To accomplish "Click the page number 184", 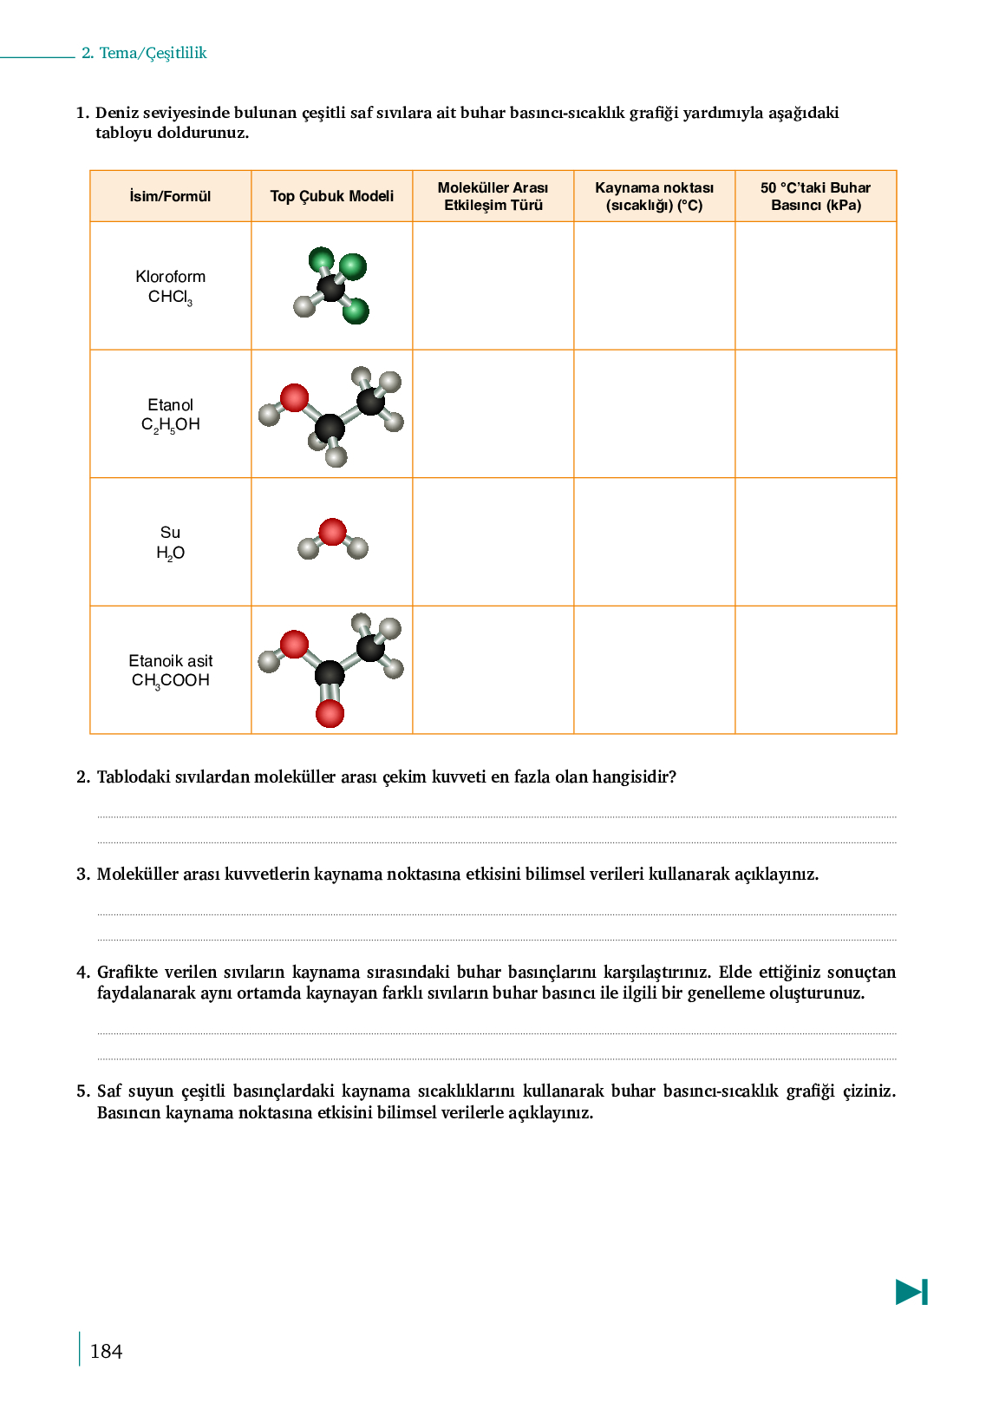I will pyautogui.click(x=106, y=1351).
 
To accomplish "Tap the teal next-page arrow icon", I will pyautogui.click(x=911, y=1292).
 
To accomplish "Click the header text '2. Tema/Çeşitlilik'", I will pyautogui.click(x=144, y=53).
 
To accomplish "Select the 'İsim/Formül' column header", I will pyautogui.click(x=170, y=196).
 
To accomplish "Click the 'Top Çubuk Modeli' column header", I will pyautogui.click(x=331, y=196).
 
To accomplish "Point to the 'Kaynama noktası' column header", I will pyautogui.click(x=654, y=196).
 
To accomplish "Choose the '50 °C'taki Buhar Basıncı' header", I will pyautogui.click(x=815, y=196).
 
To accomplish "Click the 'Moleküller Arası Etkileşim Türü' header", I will pyautogui.click(x=493, y=196).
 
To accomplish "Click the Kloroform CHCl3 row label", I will pyautogui.click(x=170, y=286).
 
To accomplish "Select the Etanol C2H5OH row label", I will pyautogui.click(x=170, y=415).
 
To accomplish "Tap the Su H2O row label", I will pyautogui.click(x=170, y=542).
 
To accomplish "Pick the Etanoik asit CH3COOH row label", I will pyautogui.click(x=170, y=671).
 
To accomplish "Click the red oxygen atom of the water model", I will pyautogui.click(x=332, y=531).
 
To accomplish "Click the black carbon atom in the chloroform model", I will pyautogui.click(x=330, y=287).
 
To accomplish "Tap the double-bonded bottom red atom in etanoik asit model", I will pyautogui.click(x=330, y=713).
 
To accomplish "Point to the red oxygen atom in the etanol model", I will pyautogui.click(x=294, y=397).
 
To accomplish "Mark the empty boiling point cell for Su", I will pyautogui.click(x=654, y=541).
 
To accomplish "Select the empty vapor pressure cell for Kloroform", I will pyautogui.click(x=815, y=285).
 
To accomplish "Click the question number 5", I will pyautogui.click(x=83, y=1091).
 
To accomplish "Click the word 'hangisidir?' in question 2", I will pyautogui.click(x=634, y=777).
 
